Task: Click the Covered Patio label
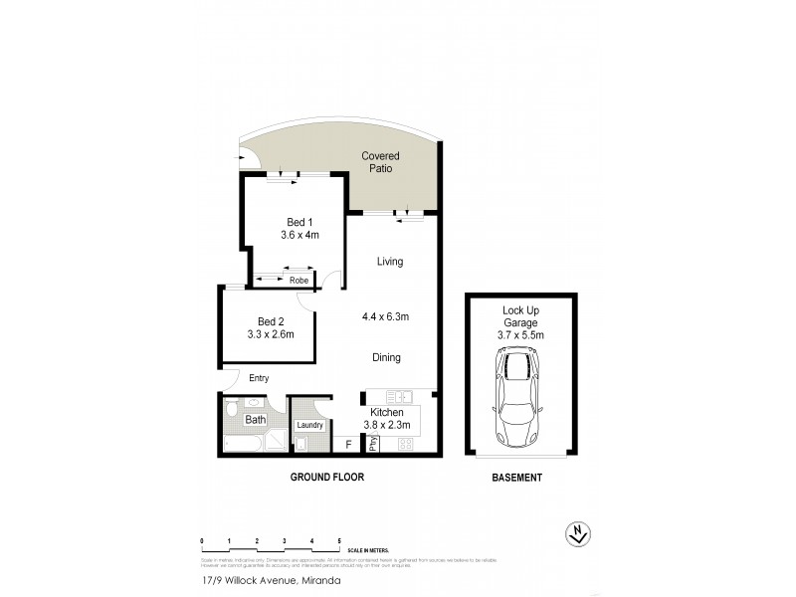coord(380,162)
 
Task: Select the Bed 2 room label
coord(272,321)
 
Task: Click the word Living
coord(389,262)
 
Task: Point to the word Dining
coord(387,357)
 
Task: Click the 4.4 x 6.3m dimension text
coord(387,316)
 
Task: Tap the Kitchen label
coord(385,412)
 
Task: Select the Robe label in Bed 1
coord(298,281)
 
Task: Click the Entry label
coord(259,378)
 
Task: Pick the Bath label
coord(256,420)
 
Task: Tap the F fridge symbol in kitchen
coord(348,446)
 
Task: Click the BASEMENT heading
coord(517,478)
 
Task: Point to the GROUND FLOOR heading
coord(326,478)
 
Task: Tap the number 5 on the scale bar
coord(339,540)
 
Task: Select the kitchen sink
coord(398,396)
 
